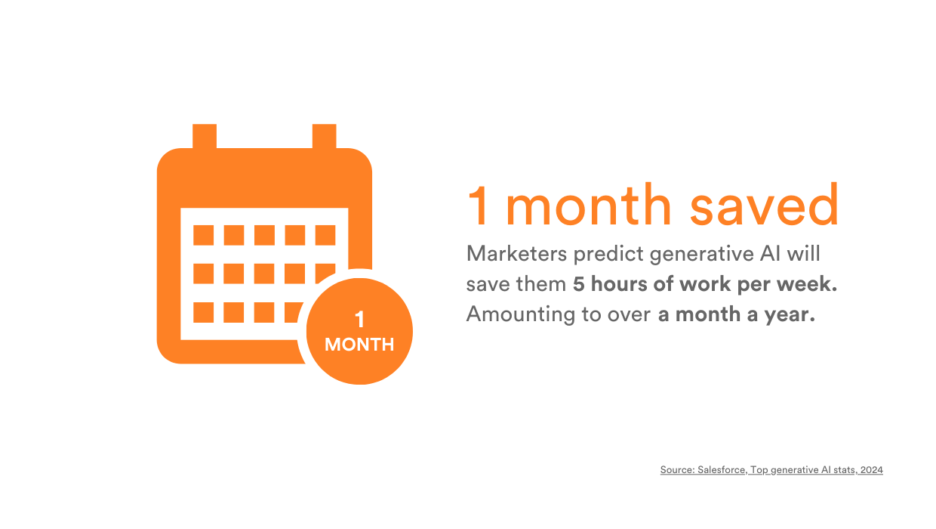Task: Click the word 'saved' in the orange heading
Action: pos(764,205)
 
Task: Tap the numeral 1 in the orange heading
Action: pos(479,206)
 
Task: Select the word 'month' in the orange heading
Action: pos(589,205)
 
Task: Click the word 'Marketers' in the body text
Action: pos(516,254)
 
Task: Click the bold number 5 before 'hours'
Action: pos(579,284)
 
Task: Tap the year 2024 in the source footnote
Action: pos(872,469)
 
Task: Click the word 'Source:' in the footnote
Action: pos(677,469)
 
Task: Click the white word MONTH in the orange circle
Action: pos(359,345)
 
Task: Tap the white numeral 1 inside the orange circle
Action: pos(359,320)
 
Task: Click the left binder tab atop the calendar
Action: pos(205,136)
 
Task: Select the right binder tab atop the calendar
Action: pos(325,136)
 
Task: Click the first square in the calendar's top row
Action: pos(204,235)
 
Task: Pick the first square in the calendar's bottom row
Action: pos(204,312)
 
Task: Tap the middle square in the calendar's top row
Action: pos(264,235)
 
